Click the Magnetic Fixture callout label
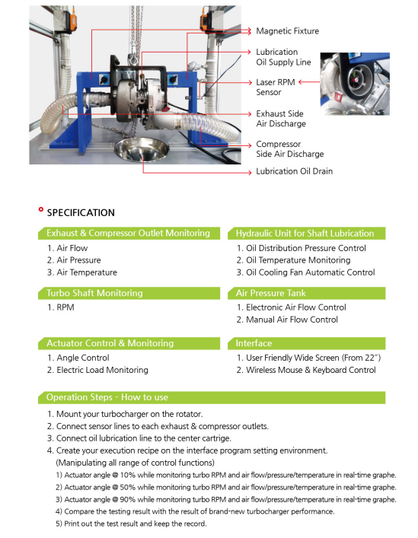(x=287, y=31)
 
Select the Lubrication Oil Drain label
(x=294, y=172)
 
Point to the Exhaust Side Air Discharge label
(x=280, y=119)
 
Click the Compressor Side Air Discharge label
(x=289, y=149)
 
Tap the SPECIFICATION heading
(x=81, y=213)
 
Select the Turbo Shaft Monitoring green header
(x=94, y=293)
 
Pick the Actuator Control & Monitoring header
(x=110, y=343)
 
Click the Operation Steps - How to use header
(x=107, y=397)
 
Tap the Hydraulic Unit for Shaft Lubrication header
(x=305, y=234)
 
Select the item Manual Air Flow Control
(x=287, y=320)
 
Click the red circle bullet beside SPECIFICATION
(x=40, y=209)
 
